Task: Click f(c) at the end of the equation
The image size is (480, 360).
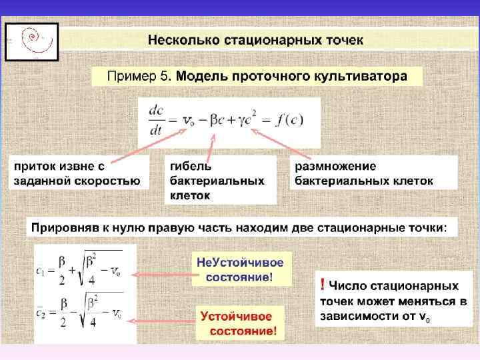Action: [292, 121]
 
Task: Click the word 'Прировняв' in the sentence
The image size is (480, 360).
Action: [63, 228]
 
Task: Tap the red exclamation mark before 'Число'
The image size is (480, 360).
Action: [323, 285]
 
